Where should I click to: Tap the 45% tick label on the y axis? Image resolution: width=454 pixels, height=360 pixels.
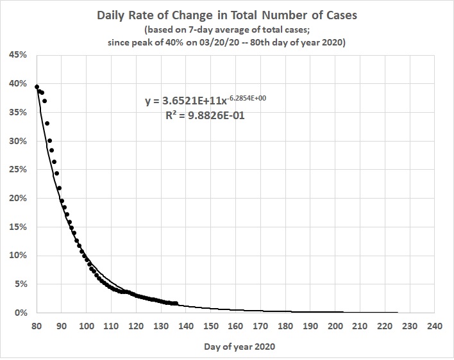pos(17,55)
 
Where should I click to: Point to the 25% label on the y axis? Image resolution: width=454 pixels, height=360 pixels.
pos(17,170)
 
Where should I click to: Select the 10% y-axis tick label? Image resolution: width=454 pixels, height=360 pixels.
pos(17,256)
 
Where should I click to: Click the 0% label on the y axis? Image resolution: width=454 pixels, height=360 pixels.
pos(20,313)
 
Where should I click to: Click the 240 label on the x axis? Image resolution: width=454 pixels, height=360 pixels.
pos(434,326)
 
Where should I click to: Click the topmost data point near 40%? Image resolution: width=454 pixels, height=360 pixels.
pos(37,87)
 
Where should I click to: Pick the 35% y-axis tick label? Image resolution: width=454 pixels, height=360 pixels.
pos(17,113)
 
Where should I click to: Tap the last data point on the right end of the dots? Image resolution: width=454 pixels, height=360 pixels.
pos(176,304)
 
